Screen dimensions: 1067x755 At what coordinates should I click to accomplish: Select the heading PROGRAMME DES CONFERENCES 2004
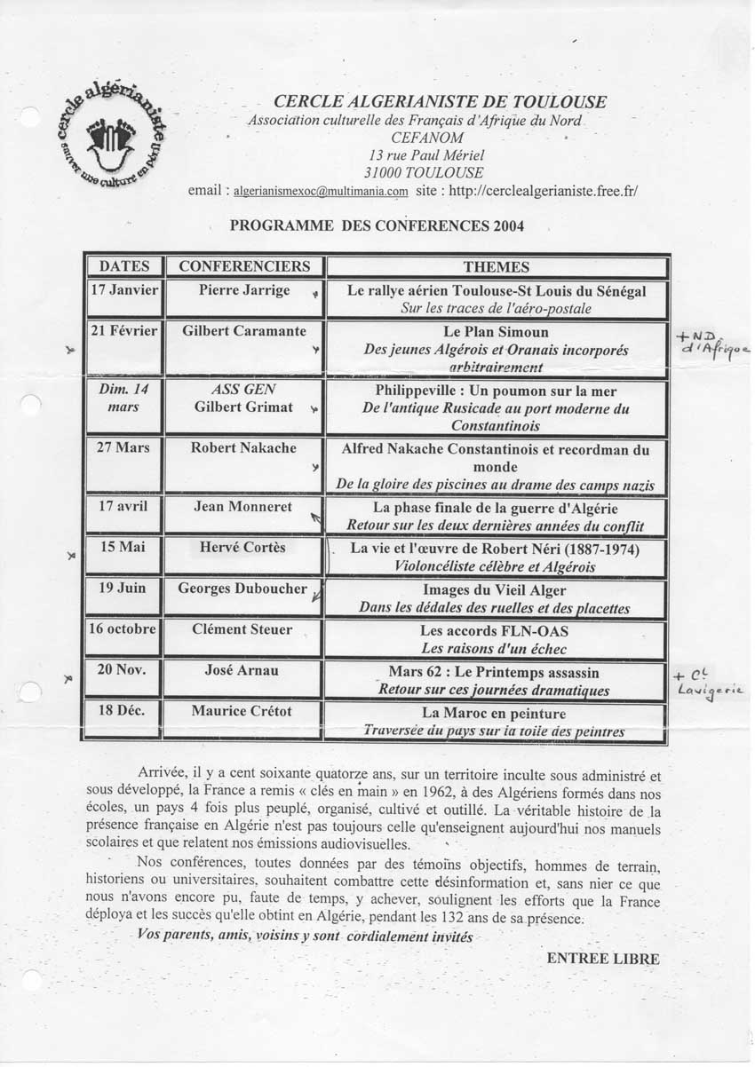click(377, 225)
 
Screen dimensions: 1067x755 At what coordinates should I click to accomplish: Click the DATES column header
click(124, 266)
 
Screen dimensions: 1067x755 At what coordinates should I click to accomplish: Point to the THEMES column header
click(496, 266)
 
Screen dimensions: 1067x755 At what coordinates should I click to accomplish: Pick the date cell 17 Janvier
click(124, 290)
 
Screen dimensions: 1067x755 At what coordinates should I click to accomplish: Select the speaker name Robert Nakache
click(243, 447)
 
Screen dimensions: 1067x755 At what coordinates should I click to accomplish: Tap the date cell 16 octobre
click(124, 628)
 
